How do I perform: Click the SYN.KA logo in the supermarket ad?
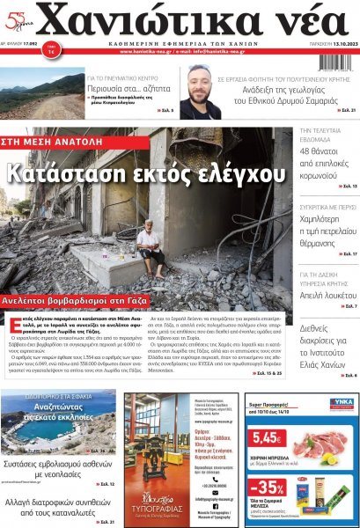click(x=340, y=402)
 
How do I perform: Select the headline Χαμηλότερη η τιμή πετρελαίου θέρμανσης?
click(x=324, y=229)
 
